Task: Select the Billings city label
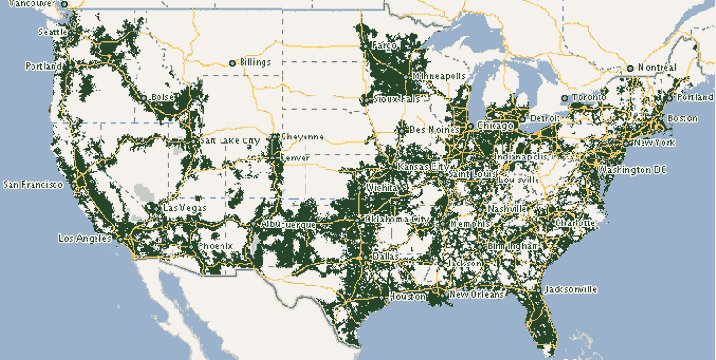point(255,63)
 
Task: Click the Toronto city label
point(590,98)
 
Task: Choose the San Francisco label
point(33,183)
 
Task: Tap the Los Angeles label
point(84,237)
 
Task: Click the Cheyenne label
point(302,137)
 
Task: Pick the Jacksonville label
point(570,288)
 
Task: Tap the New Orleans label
point(473,295)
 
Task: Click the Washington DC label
point(631,169)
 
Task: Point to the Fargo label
point(385,45)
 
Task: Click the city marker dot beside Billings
point(232,63)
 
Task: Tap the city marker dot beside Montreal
point(630,68)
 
